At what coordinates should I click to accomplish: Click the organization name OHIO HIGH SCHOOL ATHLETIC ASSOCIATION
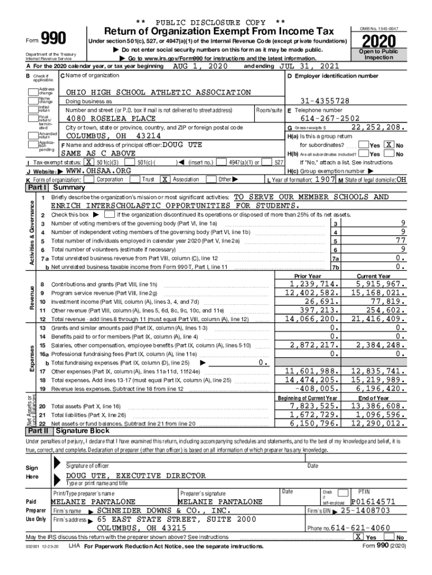pyautogui.click(x=159, y=92)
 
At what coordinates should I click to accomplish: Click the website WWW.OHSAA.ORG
pyautogui.click(x=98, y=170)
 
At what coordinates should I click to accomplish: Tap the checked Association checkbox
pyautogui.click(x=164, y=179)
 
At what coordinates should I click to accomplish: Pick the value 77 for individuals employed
pyautogui.click(x=400, y=240)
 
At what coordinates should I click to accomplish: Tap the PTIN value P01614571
pyautogui.click(x=374, y=501)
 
